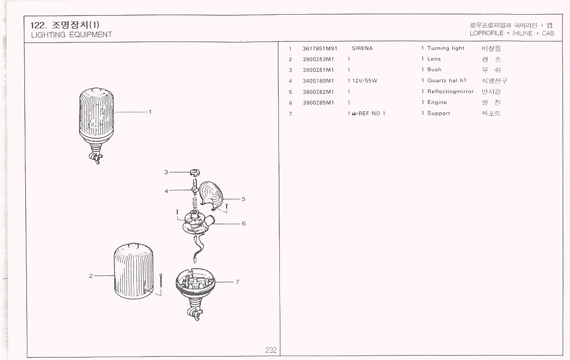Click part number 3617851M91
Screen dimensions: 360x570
320,48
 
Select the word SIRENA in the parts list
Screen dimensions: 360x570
362,48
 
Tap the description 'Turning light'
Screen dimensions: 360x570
445,48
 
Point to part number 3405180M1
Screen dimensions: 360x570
318,81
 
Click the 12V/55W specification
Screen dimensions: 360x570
364,81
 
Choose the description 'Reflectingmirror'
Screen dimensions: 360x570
450,91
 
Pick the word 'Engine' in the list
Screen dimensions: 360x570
437,103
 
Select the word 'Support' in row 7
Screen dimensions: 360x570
439,113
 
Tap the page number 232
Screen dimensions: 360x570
271,350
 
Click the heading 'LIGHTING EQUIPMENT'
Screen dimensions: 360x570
71,35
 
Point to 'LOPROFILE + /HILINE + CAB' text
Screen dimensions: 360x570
511,34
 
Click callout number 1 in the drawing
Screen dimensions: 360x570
150,112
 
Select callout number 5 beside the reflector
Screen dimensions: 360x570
243,199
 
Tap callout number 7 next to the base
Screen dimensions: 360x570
237,282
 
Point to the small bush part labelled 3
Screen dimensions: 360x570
194,172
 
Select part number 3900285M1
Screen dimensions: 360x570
318,103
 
